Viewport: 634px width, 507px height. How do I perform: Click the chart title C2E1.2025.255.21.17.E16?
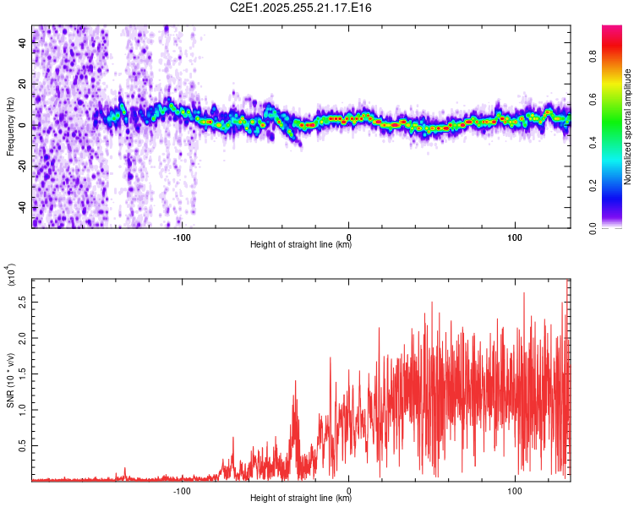[x=301, y=8]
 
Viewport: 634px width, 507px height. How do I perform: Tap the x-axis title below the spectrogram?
[x=301, y=245]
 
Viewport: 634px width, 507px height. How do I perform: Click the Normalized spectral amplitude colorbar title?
[x=628, y=127]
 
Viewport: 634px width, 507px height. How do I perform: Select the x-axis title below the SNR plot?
[x=301, y=499]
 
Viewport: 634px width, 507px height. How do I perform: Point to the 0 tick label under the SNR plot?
[x=349, y=489]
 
